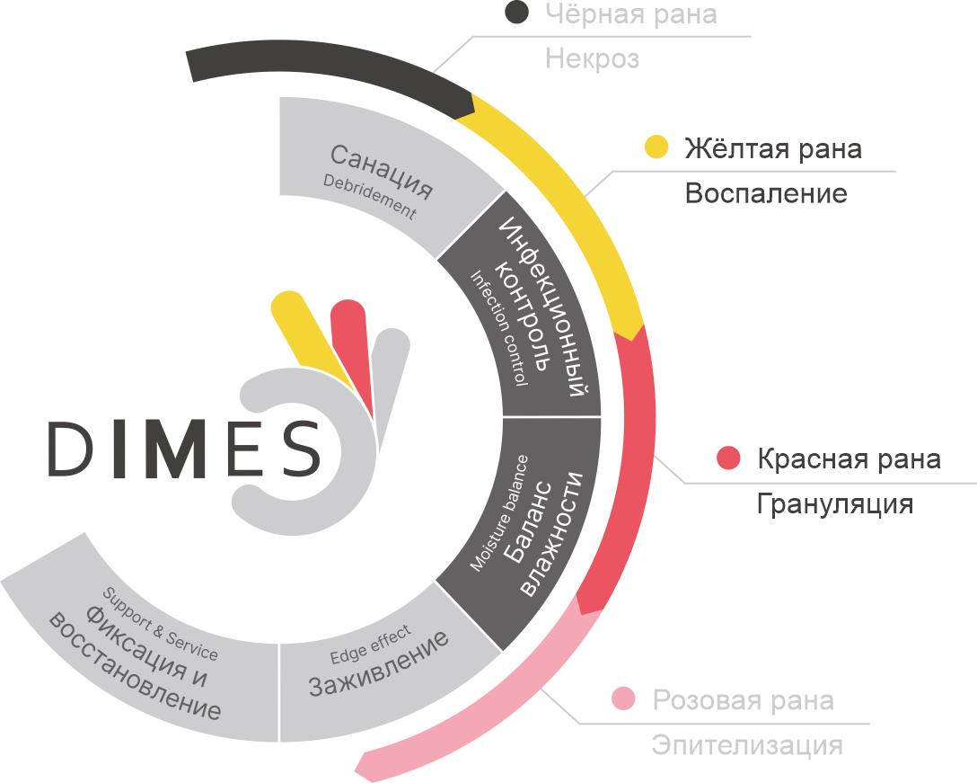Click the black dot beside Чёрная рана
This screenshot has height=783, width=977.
[516, 12]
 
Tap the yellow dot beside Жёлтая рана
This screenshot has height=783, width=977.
[656, 147]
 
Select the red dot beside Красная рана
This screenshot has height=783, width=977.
[728, 458]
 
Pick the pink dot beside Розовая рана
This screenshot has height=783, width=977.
[623, 698]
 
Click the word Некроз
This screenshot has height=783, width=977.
[592, 59]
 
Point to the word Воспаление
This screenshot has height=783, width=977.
[766, 193]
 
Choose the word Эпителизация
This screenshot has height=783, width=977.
[747, 745]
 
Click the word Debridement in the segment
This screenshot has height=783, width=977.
[369, 197]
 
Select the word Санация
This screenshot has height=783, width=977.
[382, 171]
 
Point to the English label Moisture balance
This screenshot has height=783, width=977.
[499, 512]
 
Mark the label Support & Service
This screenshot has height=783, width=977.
[160, 624]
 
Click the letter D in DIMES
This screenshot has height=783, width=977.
[69, 448]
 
